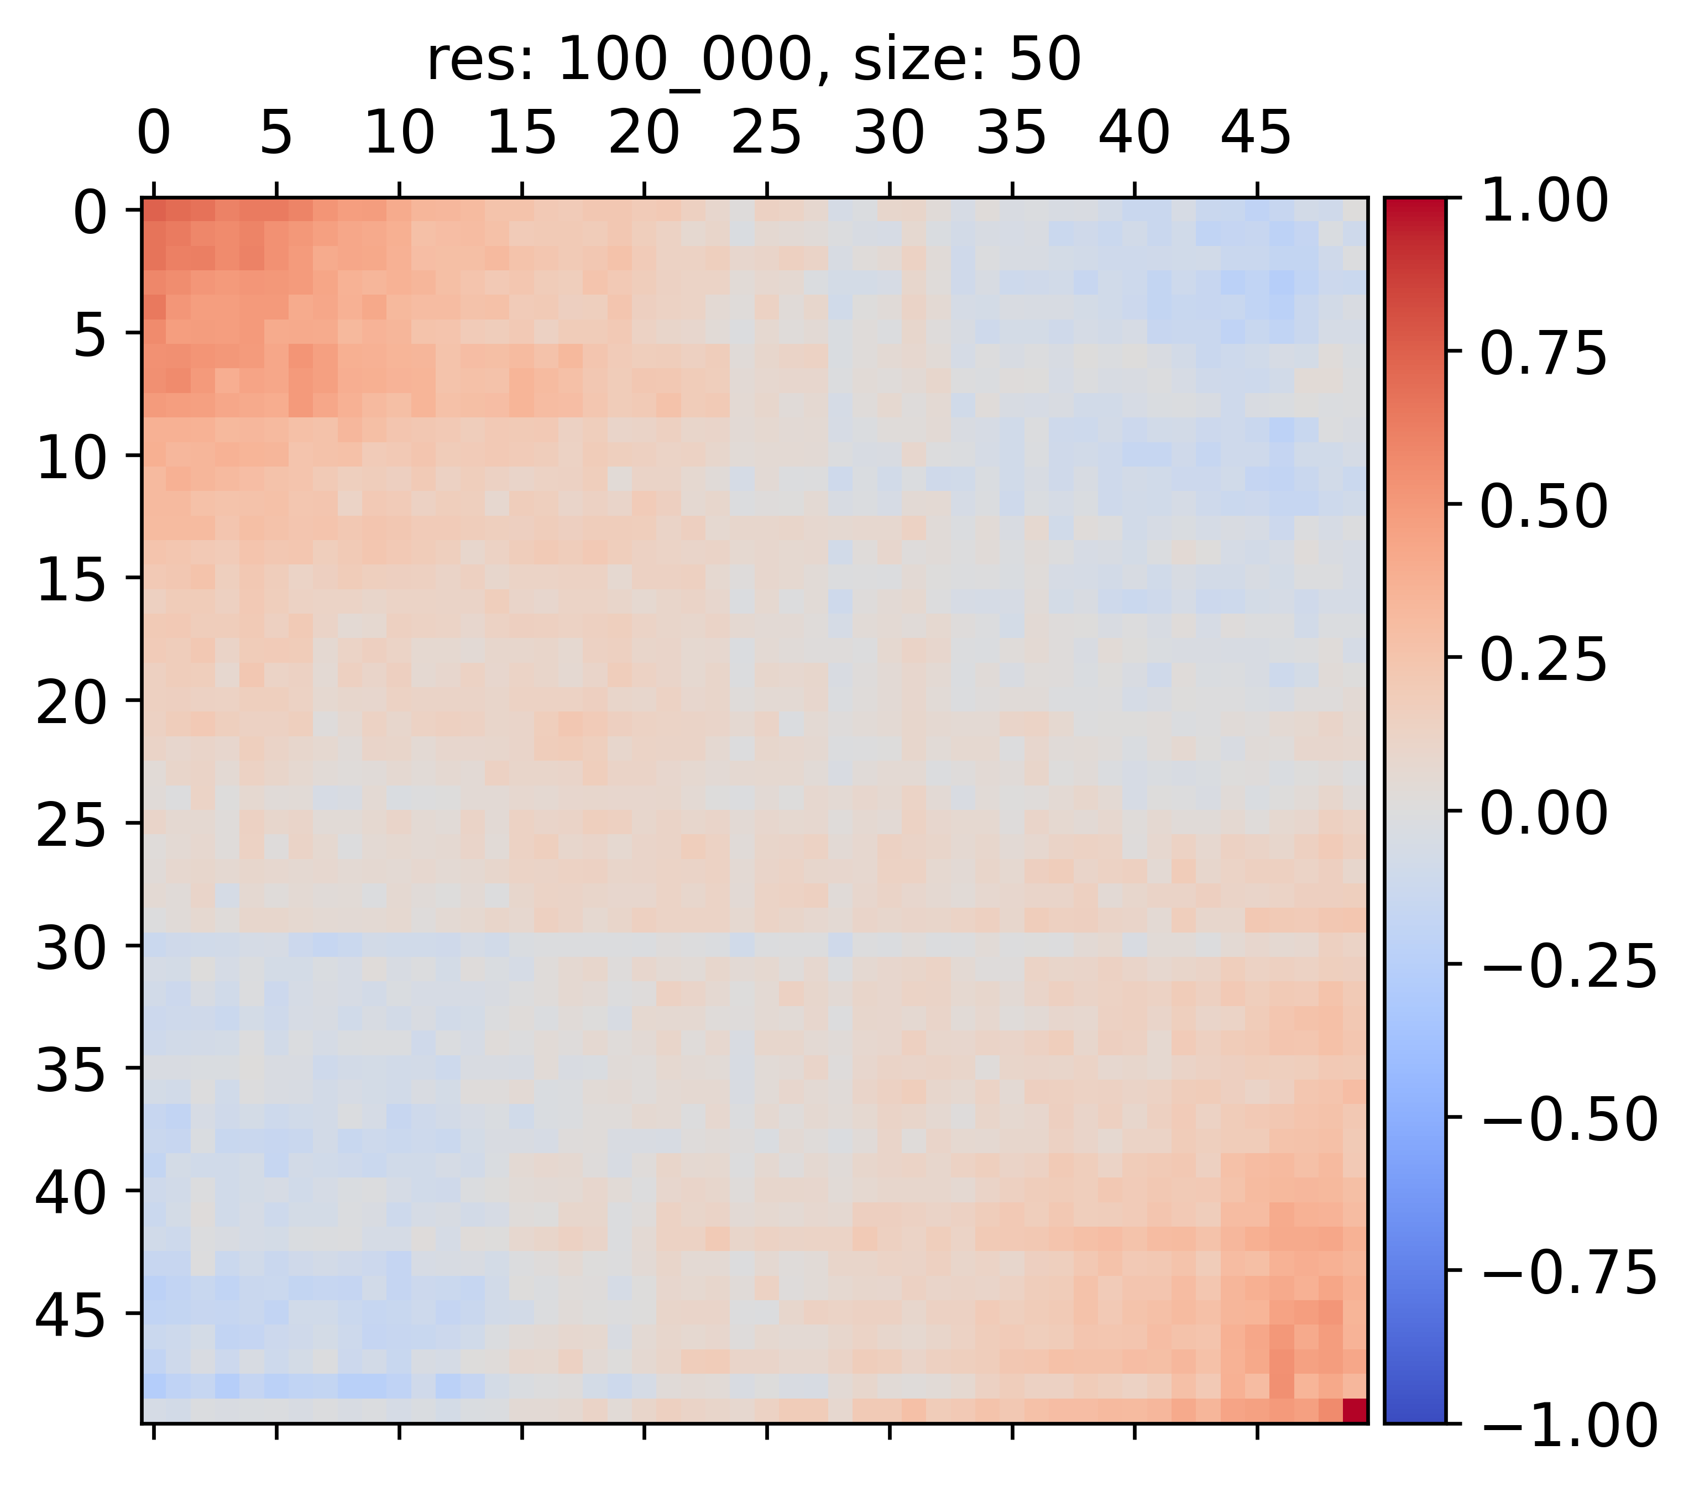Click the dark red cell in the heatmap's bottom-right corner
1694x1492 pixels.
[x=1354, y=1410]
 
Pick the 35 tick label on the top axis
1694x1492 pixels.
[x=1011, y=133]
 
